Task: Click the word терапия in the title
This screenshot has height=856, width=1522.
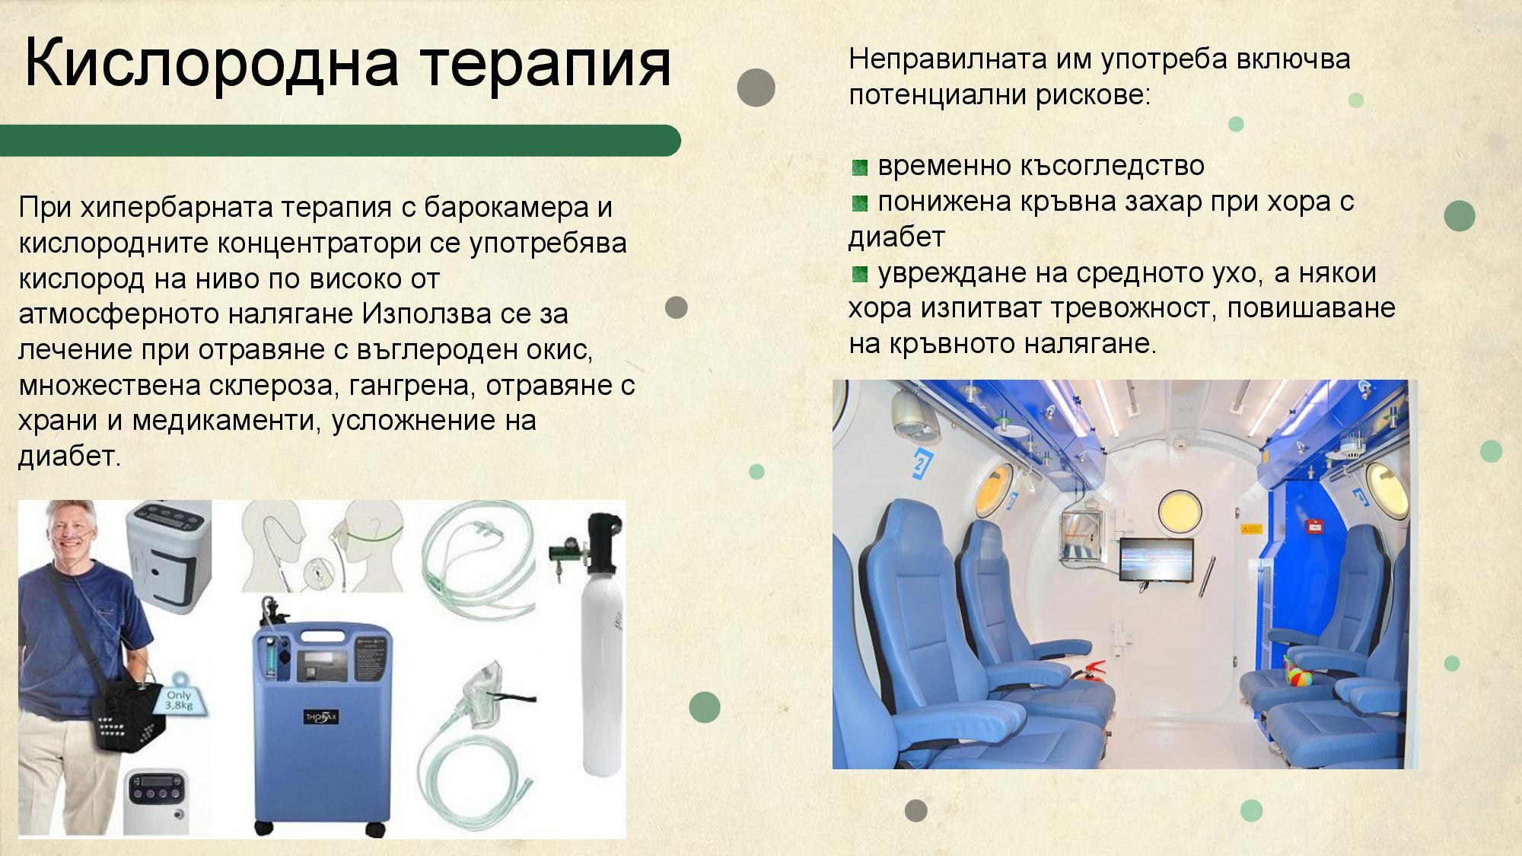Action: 546,64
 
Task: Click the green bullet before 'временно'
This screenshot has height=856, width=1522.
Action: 860,167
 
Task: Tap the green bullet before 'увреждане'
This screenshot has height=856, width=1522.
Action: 860,275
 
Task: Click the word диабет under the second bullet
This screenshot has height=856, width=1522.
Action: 896,237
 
